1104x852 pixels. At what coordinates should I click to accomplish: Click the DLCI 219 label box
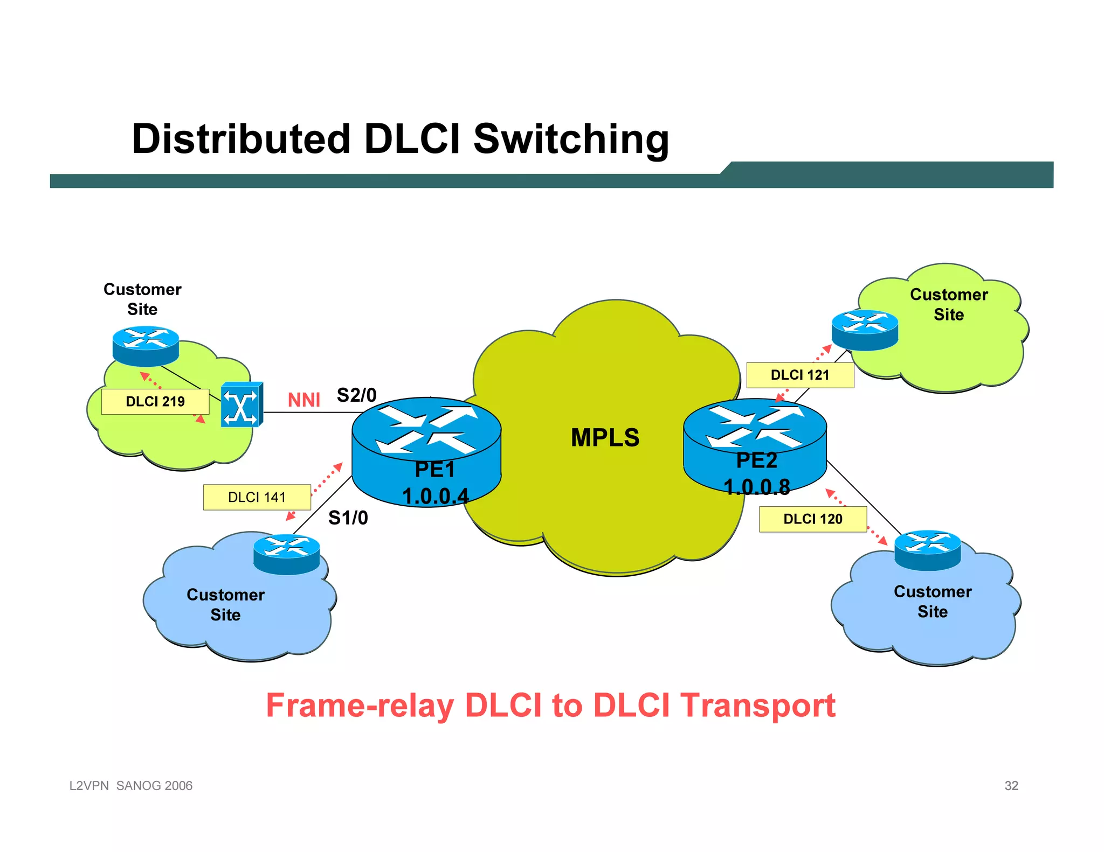click(x=155, y=401)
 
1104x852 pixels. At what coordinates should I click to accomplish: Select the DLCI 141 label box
click(x=257, y=497)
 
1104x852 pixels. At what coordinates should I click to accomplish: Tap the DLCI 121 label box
click(x=800, y=375)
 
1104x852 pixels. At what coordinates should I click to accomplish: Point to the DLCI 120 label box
click(x=812, y=519)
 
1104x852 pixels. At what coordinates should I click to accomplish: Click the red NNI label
click(x=303, y=400)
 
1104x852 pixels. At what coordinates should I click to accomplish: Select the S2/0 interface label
click(x=356, y=395)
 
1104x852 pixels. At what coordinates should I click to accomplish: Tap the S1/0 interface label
click(x=348, y=518)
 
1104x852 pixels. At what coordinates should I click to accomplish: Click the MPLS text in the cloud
click(x=605, y=437)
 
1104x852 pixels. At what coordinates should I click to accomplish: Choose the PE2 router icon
click(x=755, y=431)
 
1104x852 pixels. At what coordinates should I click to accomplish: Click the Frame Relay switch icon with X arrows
click(x=241, y=404)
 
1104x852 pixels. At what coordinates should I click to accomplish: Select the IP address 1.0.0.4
click(x=436, y=496)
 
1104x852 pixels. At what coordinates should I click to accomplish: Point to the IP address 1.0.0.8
click(x=756, y=487)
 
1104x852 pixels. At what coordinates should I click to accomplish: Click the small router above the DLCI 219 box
click(x=146, y=346)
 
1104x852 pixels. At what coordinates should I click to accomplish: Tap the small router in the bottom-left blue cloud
click(x=286, y=554)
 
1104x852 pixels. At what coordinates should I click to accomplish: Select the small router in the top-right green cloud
click(x=865, y=330)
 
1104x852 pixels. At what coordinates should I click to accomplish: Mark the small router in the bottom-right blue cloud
click(x=927, y=550)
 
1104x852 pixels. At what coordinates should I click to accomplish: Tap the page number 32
click(x=1011, y=786)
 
